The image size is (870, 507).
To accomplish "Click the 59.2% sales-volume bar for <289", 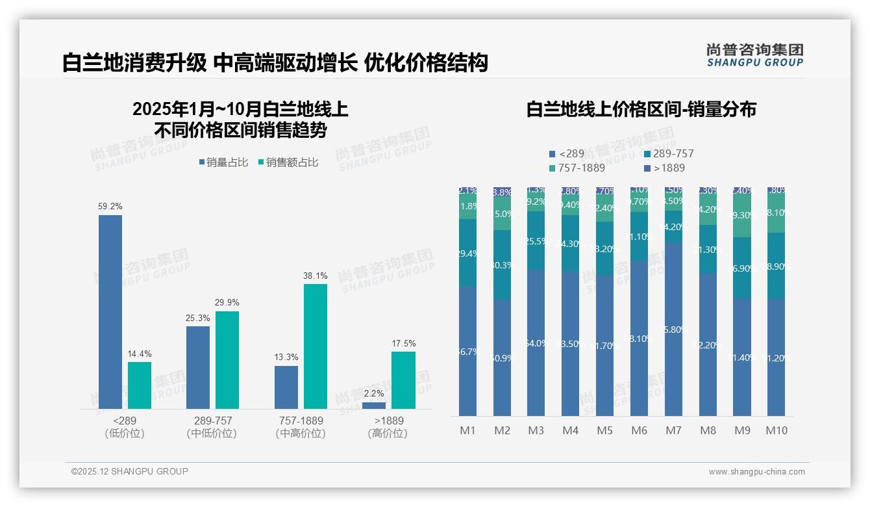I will (110, 312).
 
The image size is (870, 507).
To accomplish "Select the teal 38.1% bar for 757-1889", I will (316, 346).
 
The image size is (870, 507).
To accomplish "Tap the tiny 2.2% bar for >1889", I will (374, 406).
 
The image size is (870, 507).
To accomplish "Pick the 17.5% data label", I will (403, 343).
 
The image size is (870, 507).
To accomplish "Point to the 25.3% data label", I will (198, 318).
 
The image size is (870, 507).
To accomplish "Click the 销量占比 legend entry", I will (224, 162).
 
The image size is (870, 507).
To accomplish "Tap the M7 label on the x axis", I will (673, 430).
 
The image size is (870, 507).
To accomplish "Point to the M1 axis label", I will (467, 430).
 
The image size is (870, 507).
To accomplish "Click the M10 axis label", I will (777, 430).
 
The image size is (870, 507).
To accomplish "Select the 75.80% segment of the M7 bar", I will (673, 329).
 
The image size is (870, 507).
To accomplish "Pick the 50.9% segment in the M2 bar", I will (502, 357).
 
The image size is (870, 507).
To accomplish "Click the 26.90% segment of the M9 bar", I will (742, 268).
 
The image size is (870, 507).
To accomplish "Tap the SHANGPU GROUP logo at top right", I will (755, 55).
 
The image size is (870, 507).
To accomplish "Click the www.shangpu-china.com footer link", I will (756, 472).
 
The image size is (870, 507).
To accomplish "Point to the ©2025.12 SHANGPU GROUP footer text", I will (130, 471).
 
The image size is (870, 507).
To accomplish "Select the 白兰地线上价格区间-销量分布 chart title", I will (641, 109).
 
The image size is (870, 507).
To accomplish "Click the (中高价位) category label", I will (300, 434).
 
